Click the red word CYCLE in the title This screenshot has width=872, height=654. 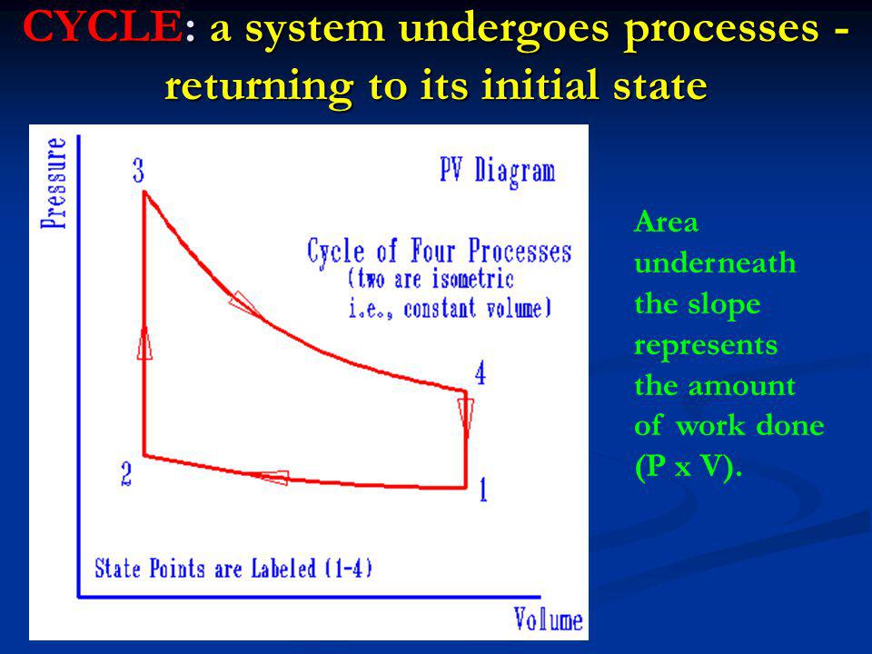(x=102, y=26)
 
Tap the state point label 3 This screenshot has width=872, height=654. (x=138, y=171)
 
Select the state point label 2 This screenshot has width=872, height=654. (x=127, y=474)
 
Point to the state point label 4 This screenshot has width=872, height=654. (x=481, y=373)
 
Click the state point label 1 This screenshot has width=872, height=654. (x=483, y=490)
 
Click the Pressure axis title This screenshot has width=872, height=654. (x=54, y=183)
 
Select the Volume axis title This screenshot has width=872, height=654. (x=549, y=619)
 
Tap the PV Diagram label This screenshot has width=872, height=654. (x=498, y=172)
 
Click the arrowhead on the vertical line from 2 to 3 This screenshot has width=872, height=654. (x=144, y=342)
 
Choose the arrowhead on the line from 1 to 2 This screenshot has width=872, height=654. (x=273, y=477)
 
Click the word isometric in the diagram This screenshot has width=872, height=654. (x=472, y=279)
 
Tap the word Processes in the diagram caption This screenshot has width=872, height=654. (x=520, y=251)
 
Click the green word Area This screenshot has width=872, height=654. (x=666, y=222)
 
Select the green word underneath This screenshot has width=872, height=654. (x=715, y=263)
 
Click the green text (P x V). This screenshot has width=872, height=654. (x=689, y=466)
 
